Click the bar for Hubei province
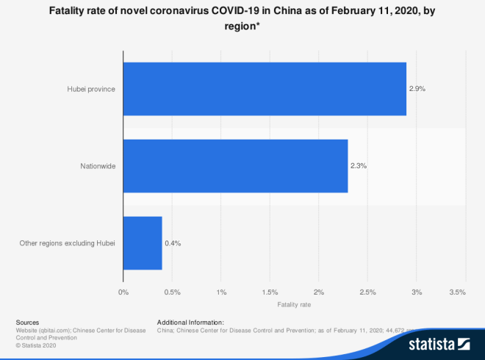[x=265, y=89]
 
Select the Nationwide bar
[x=235, y=166]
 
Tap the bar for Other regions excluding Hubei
[x=143, y=243]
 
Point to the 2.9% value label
[x=417, y=89]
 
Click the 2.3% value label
[x=358, y=166]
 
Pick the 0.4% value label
[x=172, y=243]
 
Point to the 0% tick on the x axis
[x=123, y=292]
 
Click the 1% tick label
[x=221, y=292]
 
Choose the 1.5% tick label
[x=270, y=292]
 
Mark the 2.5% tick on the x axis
[x=367, y=292]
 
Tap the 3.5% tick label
[x=457, y=292]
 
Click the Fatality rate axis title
[x=294, y=304]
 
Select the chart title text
[x=242, y=18]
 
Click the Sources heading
[x=27, y=323]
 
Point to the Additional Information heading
[x=190, y=323]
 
